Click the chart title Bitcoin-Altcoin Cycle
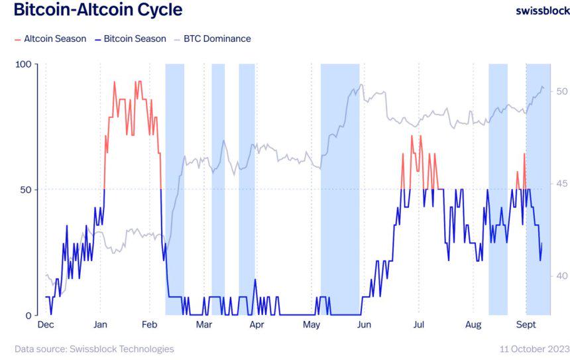(97, 11)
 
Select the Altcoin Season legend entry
(50, 38)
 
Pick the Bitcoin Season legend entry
(131, 38)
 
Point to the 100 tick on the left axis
(24, 64)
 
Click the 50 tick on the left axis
(27, 190)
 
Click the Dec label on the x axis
(46, 325)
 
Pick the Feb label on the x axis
(150, 325)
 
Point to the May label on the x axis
(312, 325)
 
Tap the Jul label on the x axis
(419, 325)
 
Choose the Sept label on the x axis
(526, 325)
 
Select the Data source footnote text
(94, 349)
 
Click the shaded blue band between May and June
(340, 189)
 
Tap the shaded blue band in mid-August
(498, 189)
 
